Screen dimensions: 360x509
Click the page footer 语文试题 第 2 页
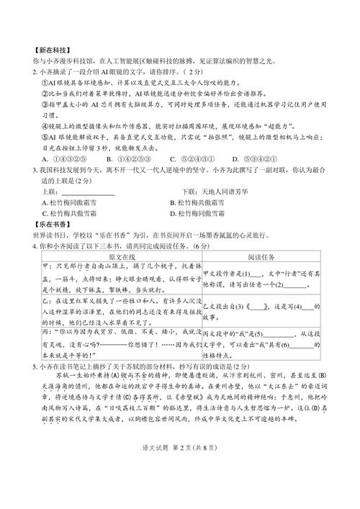click(180, 490)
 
